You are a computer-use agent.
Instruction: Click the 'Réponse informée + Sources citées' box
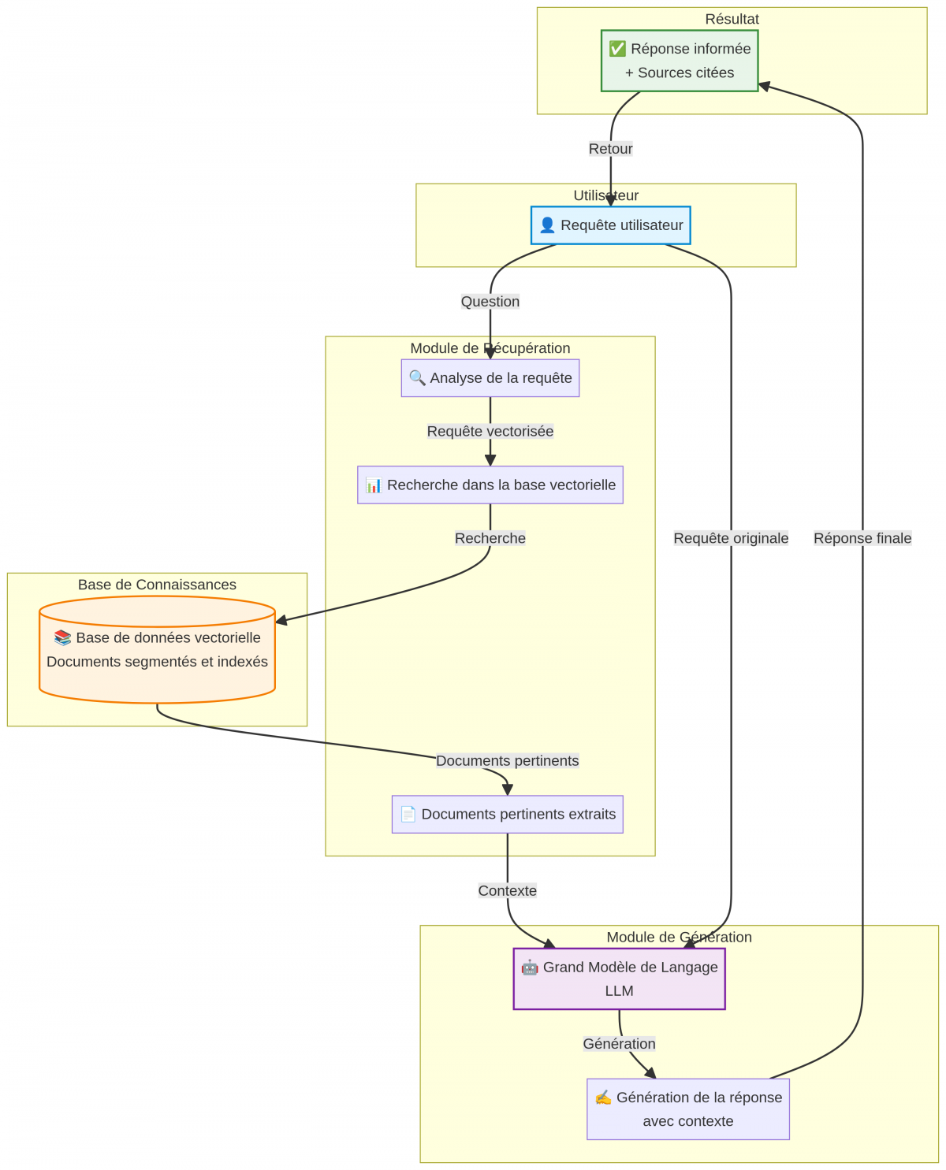[x=680, y=61]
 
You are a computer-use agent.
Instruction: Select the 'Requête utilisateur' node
[x=611, y=225]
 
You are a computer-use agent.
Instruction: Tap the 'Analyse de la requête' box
[x=490, y=378]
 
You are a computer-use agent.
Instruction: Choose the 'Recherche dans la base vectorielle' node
[x=490, y=485]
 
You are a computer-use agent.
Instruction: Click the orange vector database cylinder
[x=157, y=650]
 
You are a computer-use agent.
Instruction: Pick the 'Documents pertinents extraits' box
[x=508, y=814]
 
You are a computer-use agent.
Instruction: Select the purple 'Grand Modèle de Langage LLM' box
[x=620, y=979]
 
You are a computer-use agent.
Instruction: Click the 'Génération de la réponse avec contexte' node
[x=688, y=1109]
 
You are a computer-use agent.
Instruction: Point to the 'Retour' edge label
[x=611, y=149]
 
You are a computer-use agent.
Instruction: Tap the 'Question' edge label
[x=490, y=302]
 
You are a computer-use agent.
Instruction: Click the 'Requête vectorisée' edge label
[x=490, y=431]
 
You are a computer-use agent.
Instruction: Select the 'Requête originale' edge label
[x=731, y=538]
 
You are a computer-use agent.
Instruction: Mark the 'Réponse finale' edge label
[x=862, y=538]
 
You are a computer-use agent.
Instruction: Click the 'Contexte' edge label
[x=508, y=890]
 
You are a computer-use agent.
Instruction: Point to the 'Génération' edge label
[x=620, y=1043]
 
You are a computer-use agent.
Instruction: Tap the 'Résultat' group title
[x=732, y=19]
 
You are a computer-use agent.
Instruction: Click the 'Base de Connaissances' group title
[x=157, y=585]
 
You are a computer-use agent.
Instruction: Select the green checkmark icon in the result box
[x=617, y=49]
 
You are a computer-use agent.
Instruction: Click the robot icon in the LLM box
[x=530, y=967]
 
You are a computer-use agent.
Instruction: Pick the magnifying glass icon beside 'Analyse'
[x=417, y=377]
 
